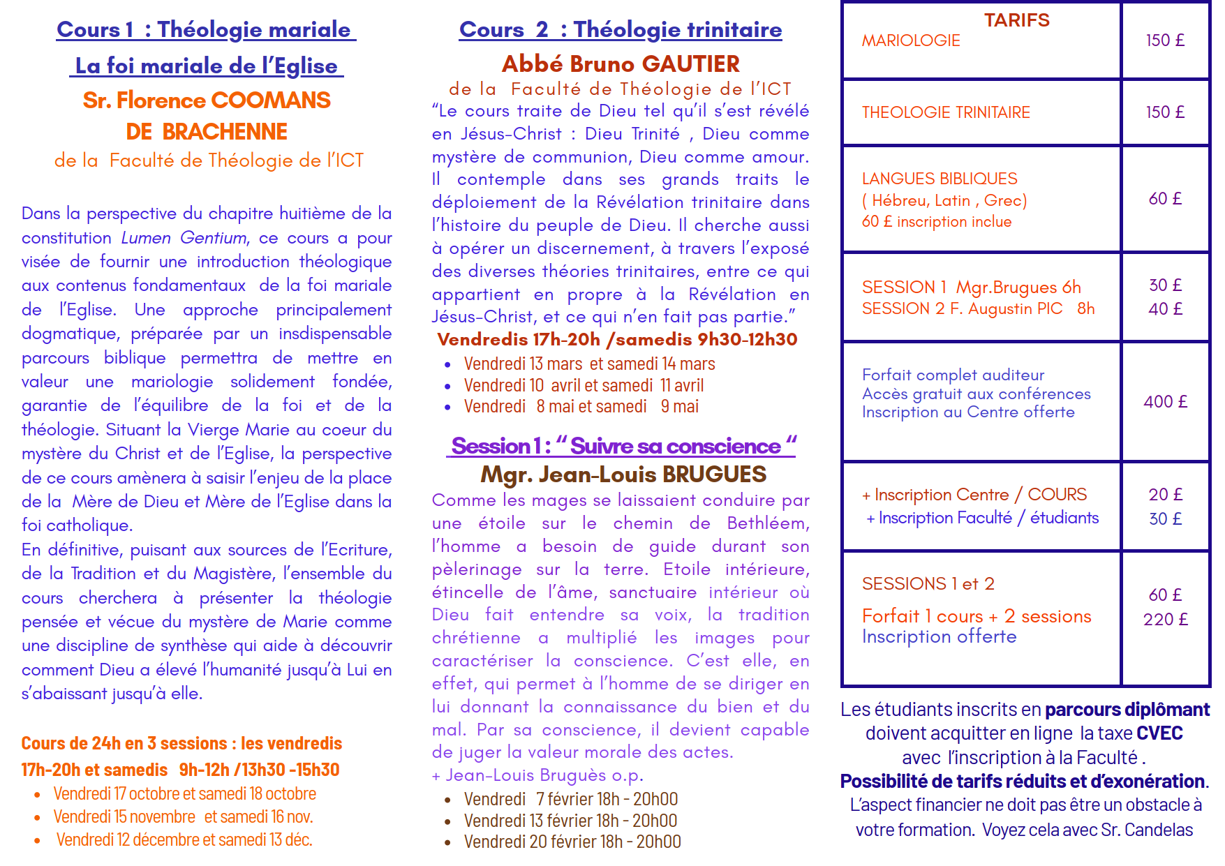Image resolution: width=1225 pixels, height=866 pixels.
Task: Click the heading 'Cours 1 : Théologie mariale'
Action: tap(206, 30)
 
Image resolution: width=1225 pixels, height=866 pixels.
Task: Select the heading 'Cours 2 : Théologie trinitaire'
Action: tap(620, 30)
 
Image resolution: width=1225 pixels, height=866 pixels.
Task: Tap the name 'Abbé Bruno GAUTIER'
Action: tap(620, 64)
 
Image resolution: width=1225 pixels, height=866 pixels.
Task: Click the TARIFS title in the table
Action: tap(1016, 20)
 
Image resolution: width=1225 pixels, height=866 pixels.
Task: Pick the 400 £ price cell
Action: tap(1165, 402)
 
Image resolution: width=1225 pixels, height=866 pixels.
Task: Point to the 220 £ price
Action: tap(1165, 620)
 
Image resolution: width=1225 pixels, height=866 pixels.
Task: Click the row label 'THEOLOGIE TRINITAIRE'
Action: tap(946, 112)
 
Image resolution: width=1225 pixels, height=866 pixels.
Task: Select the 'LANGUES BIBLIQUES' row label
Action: tap(940, 179)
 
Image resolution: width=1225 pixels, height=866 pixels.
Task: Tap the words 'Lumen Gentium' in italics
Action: tap(184, 238)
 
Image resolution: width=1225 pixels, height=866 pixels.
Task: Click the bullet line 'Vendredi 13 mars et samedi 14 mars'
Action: tap(589, 364)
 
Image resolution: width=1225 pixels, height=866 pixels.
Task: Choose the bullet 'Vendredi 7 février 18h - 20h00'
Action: tap(570, 799)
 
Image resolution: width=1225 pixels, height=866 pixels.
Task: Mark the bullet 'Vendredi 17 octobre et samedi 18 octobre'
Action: tap(184, 794)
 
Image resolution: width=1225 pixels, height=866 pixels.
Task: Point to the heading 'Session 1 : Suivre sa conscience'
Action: tap(620, 446)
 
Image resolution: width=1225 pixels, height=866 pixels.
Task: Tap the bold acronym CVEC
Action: tap(1159, 733)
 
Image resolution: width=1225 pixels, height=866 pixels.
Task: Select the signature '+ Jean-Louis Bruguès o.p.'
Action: tap(537, 775)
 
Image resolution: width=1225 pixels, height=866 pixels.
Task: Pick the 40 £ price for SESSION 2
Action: tap(1165, 309)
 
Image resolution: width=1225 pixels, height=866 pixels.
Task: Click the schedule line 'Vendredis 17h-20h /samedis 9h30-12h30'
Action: tap(617, 340)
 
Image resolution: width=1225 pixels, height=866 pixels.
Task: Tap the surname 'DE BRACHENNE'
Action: tap(207, 132)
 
